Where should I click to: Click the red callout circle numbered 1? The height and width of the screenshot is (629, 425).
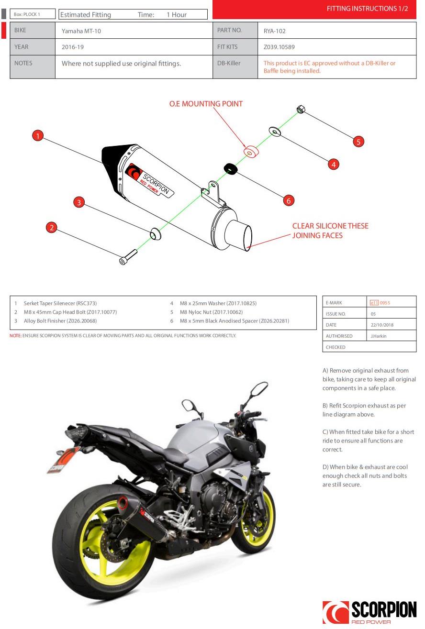click(x=38, y=136)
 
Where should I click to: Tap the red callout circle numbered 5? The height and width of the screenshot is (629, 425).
click(x=358, y=141)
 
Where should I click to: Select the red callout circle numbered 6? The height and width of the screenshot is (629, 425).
click(x=288, y=201)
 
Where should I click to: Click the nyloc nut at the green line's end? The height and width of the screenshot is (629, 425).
click(x=301, y=109)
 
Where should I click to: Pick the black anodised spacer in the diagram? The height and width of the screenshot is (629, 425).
click(x=230, y=168)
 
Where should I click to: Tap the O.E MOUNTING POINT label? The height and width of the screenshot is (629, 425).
click(x=206, y=104)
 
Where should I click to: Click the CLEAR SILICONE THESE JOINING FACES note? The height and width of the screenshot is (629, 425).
click(x=330, y=231)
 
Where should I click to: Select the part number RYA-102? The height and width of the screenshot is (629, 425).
click(x=275, y=31)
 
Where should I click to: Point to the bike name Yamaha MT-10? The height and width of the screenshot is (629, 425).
click(x=81, y=31)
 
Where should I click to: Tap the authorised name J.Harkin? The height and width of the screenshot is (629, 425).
click(x=379, y=336)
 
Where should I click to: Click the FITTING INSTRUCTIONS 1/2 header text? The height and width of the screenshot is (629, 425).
click(x=367, y=9)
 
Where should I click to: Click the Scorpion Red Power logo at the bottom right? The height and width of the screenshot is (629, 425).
click(x=369, y=612)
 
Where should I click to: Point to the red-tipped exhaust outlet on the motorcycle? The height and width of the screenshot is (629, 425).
click(x=123, y=503)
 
